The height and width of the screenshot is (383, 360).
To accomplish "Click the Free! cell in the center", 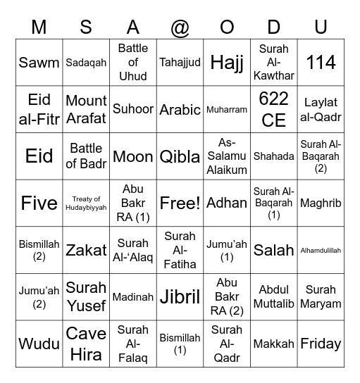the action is click(180, 203).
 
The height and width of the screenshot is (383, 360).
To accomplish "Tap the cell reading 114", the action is click(321, 62).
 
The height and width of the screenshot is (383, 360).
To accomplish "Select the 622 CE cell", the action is click(274, 109).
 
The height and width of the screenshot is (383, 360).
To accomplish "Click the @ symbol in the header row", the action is click(180, 27).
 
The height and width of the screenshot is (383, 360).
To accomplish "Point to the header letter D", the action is click(274, 27).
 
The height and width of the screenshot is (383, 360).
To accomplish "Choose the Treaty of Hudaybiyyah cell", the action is click(86, 203).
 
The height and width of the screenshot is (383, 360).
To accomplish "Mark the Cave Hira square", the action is click(86, 344).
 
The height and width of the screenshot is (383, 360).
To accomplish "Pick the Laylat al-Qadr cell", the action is click(321, 109).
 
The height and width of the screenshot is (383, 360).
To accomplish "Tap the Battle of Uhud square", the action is click(133, 62).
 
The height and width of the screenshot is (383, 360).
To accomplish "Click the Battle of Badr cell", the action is click(86, 156).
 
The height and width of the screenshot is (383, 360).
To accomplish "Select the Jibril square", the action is click(180, 297).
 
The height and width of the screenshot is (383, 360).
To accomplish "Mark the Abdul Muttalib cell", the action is click(274, 297).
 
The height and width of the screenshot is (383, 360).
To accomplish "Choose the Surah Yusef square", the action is click(86, 297).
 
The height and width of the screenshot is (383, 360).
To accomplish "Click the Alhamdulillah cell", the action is click(321, 250).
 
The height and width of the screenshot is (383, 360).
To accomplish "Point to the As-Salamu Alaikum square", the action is click(227, 156).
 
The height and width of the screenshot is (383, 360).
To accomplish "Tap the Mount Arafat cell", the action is click(86, 109).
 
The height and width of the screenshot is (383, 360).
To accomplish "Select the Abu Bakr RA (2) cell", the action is click(227, 297).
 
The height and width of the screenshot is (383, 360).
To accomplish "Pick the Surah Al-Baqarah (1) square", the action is click(274, 203).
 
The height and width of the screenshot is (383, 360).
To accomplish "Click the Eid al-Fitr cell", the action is click(39, 109).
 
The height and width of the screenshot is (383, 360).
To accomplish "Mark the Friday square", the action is click(321, 344).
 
